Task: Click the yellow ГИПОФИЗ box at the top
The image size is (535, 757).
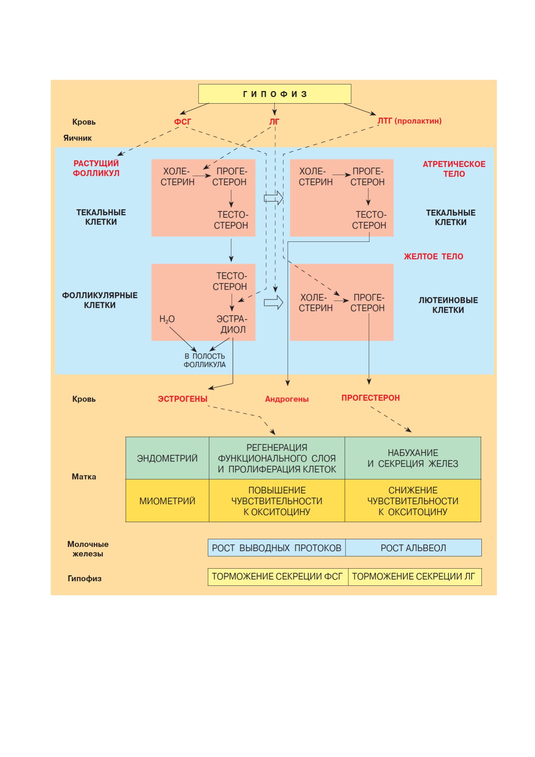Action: pyautogui.click(x=275, y=94)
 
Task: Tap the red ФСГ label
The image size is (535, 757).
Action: pyautogui.click(x=182, y=122)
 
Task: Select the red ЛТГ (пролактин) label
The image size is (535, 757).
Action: pyautogui.click(x=409, y=121)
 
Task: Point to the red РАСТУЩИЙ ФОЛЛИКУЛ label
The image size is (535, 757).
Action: pyautogui.click(x=96, y=168)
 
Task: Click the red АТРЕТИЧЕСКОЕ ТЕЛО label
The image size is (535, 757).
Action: pyautogui.click(x=454, y=169)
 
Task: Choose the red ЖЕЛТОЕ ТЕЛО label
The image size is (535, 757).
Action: pyautogui.click(x=433, y=257)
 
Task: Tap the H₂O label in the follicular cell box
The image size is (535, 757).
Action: pyautogui.click(x=167, y=319)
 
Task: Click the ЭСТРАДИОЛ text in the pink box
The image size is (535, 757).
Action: pyautogui.click(x=232, y=324)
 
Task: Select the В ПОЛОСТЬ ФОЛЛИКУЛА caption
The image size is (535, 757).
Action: pyautogui.click(x=205, y=360)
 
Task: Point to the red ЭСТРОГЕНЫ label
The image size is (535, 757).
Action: pyautogui.click(x=182, y=399)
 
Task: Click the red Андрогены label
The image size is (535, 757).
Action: pyautogui.click(x=287, y=399)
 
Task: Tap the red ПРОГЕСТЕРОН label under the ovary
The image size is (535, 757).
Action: pyautogui.click(x=370, y=398)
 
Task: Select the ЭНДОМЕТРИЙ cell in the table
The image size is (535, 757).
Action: pyautogui.click(x=167, y=458)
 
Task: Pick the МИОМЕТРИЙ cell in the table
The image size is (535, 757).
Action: pyautogui.click(x=167, y=501)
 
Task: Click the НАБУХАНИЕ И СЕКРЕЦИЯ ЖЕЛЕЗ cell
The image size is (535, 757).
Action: pyautogui.click(x=413, y=458)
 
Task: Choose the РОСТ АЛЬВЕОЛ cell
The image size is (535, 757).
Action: pyautogui.click(x=414, y=548)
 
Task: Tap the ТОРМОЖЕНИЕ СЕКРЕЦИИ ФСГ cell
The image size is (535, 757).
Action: pyautogui.click(x=277, y=577)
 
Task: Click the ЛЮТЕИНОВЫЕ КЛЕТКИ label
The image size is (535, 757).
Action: pyautogui.click(x=448, y=305)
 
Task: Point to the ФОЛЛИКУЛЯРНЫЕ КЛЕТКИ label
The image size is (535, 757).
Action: pyautogui.click(x=100, y=300)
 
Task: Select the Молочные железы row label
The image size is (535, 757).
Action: pyautogui.click(x=88, y=549)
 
